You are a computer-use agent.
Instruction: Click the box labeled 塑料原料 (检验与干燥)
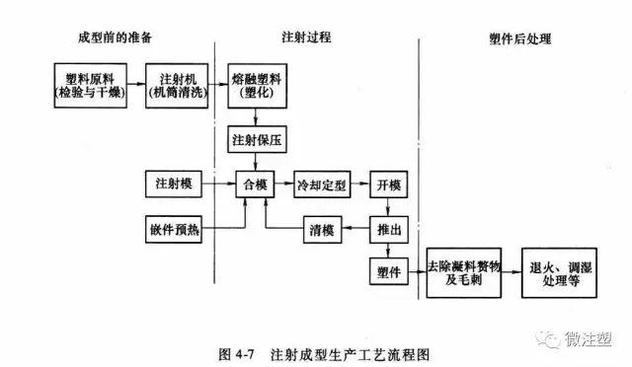86,86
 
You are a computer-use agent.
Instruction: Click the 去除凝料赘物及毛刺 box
466,272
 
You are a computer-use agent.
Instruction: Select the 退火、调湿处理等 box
559,272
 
